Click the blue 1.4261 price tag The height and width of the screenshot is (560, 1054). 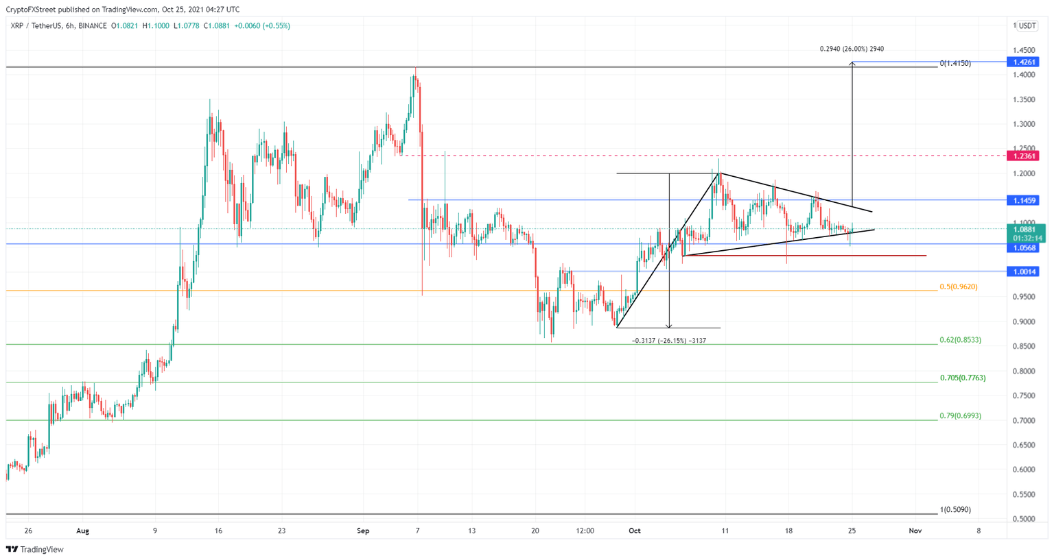pos(1021,62)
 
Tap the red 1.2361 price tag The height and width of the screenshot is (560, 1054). pos(1021,156)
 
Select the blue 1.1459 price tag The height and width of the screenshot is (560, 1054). pos(1021,200)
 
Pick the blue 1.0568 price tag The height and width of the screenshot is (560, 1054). pos(1021,247)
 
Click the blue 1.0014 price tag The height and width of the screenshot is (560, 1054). pos(1021,271)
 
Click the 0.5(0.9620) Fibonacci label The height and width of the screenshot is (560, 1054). pos(958,287)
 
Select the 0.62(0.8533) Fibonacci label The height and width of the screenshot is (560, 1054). pos(960,340)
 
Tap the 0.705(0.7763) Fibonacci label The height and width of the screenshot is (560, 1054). pos(962,378)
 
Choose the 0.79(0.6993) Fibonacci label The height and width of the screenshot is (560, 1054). pos(960,415)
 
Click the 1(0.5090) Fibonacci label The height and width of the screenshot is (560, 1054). pos(955,509)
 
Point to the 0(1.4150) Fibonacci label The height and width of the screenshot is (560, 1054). pos(955,63)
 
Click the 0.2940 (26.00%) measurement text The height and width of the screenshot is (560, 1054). pos(852,49)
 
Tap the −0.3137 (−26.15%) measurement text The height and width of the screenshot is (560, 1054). pos(668,341)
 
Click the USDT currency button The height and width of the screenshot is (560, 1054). pos(1027,26)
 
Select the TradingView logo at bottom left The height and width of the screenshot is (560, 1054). pos(34,549)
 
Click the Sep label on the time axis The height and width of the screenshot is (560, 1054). pos(363,531)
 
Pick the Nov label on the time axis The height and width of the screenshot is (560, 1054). pos(915,531)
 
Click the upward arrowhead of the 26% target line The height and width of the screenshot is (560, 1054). pos(852,64)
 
